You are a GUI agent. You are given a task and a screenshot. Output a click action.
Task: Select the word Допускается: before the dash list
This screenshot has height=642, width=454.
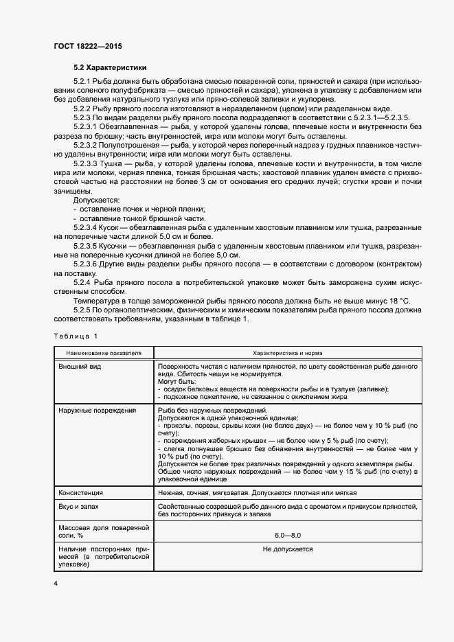point(97,198)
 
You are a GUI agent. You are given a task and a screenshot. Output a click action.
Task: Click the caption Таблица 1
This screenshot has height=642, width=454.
point(76,335)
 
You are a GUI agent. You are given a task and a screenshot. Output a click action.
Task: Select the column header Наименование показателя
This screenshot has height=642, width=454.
point(104,352)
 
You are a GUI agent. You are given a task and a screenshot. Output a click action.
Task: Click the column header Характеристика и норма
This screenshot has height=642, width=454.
point(287,352)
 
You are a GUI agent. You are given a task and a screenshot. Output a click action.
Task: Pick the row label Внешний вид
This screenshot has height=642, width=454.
point(81,367)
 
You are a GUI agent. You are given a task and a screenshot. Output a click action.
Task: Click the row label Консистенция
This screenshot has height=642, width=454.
point(82,492)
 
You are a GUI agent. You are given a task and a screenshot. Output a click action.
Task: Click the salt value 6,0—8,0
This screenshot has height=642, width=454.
point(287,534)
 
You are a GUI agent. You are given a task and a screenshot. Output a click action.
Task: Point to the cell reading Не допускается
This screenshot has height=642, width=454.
point(287,549)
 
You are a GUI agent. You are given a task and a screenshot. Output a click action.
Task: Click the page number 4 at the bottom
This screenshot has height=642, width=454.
point(56,583)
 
